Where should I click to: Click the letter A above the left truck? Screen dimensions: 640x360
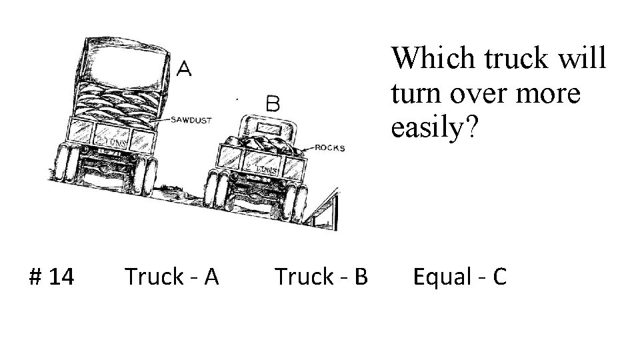pyautogui.click(x=185, y=69)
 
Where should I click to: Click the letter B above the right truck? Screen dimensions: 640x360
pyautogui.click(x=273, y=103)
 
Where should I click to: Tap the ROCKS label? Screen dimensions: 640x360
pyautogui.click(x=329, y=147)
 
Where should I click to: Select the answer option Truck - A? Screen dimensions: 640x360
pyautogui.click(x=172, y=275)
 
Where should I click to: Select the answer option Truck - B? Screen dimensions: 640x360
pyautogui.click(x=321, y=275)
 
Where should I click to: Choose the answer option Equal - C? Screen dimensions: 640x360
pyautogui.click(x=460, y=275)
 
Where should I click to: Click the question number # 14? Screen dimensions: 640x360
pyautogui.click(x=52, y=275)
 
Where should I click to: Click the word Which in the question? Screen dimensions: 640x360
pyautogui.click(x=434, y=59)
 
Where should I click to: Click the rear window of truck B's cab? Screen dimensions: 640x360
pyautogui.click(x=269, y=127)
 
